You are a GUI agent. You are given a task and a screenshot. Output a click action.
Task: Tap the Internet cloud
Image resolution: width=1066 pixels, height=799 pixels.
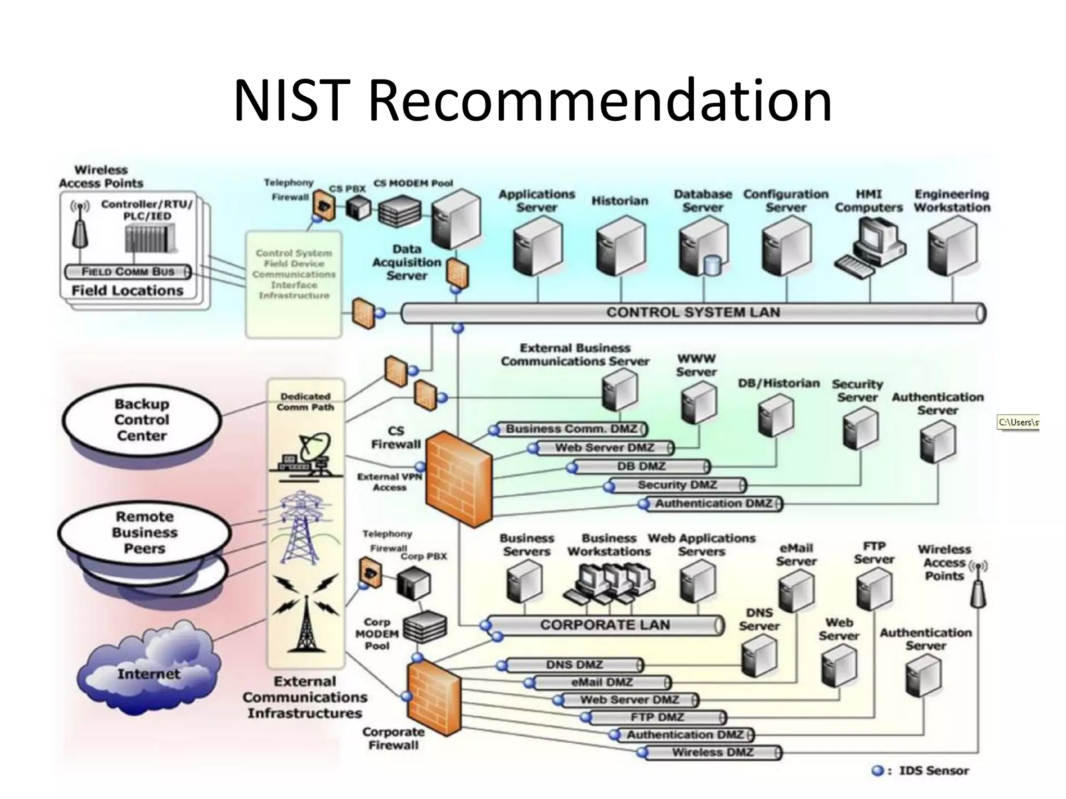pos(148,671)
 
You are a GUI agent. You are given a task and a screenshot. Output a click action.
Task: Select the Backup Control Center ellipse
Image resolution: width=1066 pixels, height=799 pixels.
pos(142,419)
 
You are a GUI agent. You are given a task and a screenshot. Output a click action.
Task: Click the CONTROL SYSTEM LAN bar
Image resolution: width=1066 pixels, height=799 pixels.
pos(692,313)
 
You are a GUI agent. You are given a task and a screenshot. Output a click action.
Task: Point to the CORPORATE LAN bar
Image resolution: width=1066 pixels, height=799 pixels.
pos(604,625)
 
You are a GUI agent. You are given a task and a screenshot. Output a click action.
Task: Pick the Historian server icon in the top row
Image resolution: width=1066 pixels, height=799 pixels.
pos(620,246)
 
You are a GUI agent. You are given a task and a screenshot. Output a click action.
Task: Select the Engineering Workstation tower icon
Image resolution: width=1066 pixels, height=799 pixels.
pos(952,246)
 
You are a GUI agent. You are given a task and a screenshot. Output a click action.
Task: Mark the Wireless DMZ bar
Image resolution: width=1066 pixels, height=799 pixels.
pos(712,752)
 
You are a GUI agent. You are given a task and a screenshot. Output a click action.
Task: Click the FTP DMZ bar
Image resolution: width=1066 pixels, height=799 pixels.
pos(657,717)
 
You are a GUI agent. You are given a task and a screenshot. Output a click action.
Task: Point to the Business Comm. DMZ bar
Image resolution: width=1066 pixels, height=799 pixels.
pos(570,429)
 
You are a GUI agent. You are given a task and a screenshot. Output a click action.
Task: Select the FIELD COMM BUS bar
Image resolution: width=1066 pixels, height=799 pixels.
pos(128,272)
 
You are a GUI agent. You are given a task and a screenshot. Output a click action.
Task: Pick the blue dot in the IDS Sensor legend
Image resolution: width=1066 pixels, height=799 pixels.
pos(878,770)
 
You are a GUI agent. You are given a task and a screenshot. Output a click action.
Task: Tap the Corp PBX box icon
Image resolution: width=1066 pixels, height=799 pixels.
pos(414,583)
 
